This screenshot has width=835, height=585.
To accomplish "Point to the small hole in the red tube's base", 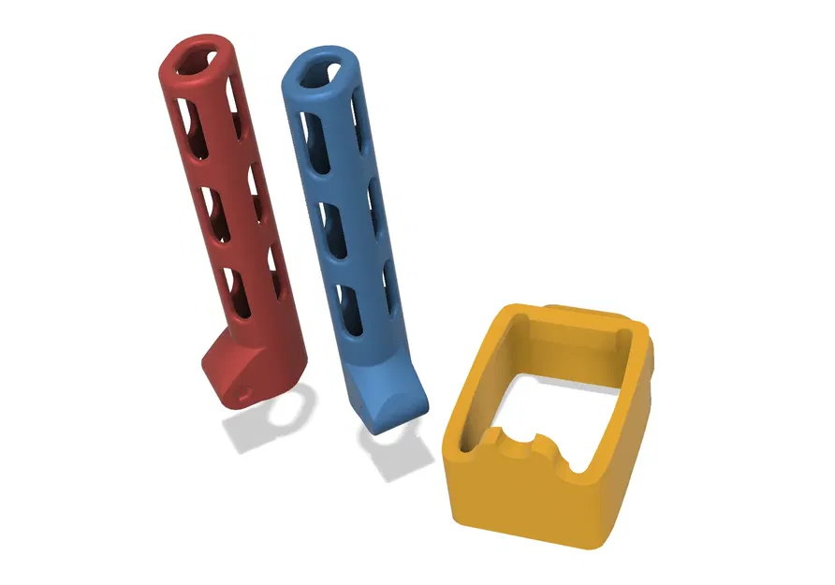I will tap(245, 396).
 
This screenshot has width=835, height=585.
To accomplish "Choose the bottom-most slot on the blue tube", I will tap(353, 309).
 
